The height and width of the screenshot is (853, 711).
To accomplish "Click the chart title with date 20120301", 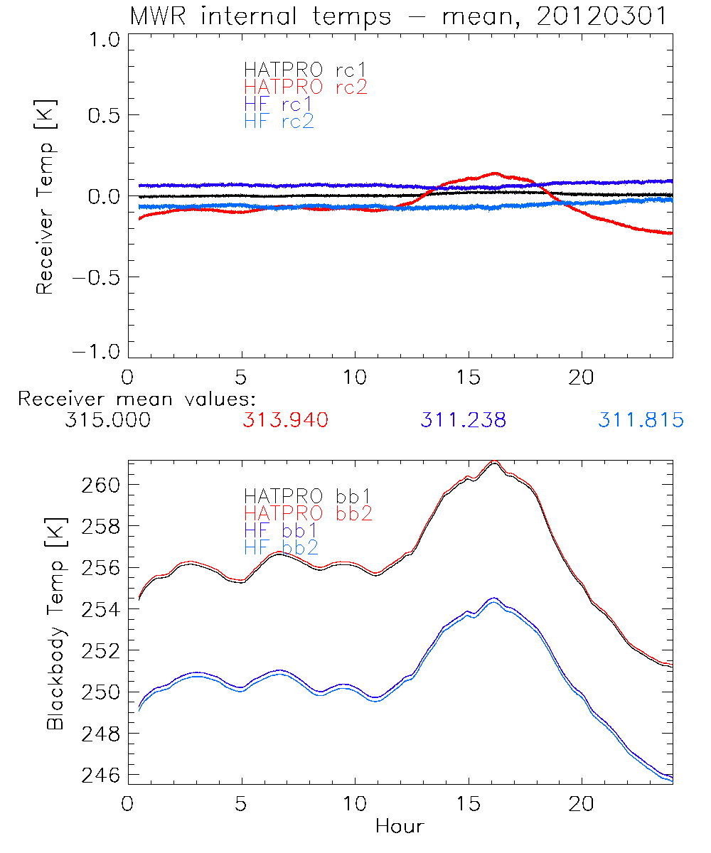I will pyautogui.click(x=398, y=16).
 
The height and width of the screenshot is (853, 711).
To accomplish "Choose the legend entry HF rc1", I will pyautogui.click(x=278, y=104).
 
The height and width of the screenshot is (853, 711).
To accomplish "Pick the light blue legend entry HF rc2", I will pyautogui.click(x=278, y=122).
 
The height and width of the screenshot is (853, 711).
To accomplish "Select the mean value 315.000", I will pyautogui.click(x=107, y=420).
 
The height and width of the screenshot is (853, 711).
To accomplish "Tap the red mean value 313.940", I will pyautogui.click(x=285, y=420).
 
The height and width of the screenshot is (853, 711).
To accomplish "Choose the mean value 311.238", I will pyautogui.click(x=463, y=420).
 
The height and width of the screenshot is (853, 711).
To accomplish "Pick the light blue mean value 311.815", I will pyautogui.click(x=641, y=420).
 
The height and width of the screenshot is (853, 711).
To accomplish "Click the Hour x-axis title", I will pyautogui.click(x=400, y=826).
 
